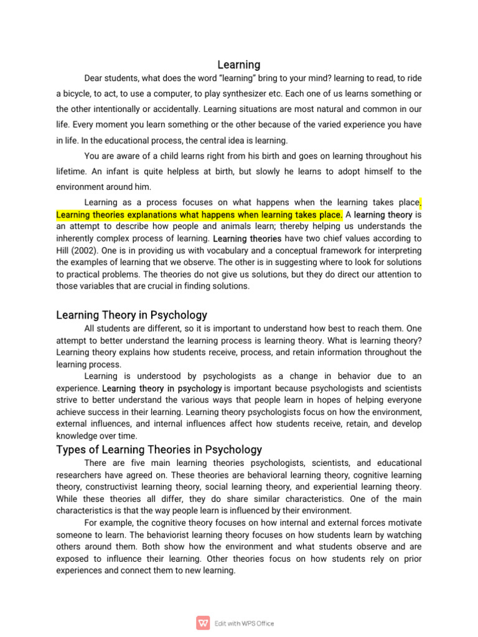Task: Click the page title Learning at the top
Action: click(x=239, y=65)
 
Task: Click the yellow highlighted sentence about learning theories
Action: click(x=199, y=215)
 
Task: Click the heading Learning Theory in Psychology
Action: click(x=132, y=315)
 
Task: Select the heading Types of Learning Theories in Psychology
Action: click(x=159, y=449)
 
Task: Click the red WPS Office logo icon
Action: click(x=203, y=623)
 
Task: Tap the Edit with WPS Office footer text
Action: click(x=244, y=623)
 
